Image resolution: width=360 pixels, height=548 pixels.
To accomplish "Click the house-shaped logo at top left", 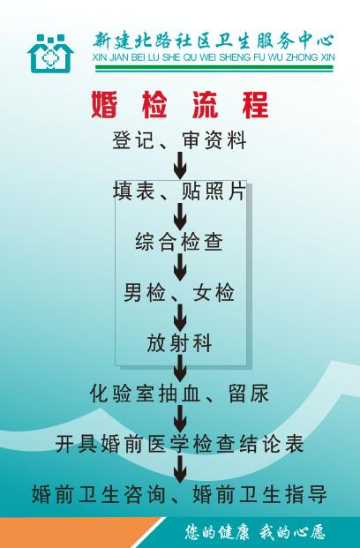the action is pyautogui.click(x=50, y=54).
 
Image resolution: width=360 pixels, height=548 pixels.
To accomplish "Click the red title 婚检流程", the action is pyautogui.click(x=180, y=105).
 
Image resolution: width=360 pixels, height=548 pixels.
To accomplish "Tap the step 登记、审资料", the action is pyautogui.click(x=179, y=140).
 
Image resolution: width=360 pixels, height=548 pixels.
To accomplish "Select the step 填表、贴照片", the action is pyautogui.click(x=179, y=191).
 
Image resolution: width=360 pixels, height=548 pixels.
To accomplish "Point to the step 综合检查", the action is pyautogui.click(x=179, y=242).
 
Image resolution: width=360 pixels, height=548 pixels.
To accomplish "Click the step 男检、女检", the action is pyautogui.click(x=179, y=292).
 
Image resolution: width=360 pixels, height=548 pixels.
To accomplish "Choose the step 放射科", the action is pyautogui.click(x=179, y=343).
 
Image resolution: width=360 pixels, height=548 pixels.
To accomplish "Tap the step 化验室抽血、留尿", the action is pyautogui.click(x=179, y=394).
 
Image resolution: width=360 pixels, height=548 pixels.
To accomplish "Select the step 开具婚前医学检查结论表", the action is pyautogui.click(x=179, y=444).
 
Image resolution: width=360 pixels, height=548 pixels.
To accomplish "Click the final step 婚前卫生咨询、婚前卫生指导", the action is pyautogui.click(x=179, y=494).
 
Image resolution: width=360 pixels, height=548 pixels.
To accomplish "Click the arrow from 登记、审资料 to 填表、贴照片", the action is pyautogui.click(x=180, y=166).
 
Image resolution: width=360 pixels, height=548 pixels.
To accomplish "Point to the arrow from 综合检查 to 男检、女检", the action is pyautogui.click(x=180, y=267).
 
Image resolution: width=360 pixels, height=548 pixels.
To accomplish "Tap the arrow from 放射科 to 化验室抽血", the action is pyautogui.click(x=180, y=368).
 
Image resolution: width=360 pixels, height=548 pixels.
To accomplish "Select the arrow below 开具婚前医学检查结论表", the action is pyautogui.click(x=180, y=469).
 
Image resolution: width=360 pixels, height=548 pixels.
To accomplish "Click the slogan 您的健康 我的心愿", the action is pyautogui.click(x=255, y=532).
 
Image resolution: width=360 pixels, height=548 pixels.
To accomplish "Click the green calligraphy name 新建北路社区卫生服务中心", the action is pyautogui.click(x=214, y=41).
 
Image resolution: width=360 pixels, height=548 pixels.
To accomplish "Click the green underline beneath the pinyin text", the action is pyautogui.click(x=214, y=69).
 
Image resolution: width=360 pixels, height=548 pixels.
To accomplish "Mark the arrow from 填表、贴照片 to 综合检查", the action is pyautogui.click(x=180, y=217).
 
